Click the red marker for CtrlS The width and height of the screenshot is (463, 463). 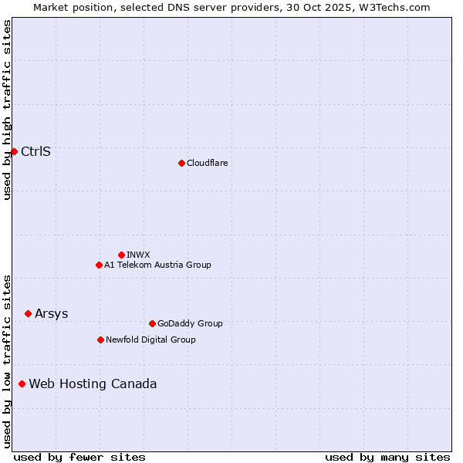click(14, 151)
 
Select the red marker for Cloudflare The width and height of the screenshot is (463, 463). click(181, 163)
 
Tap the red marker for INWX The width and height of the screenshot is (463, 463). click(121, 255)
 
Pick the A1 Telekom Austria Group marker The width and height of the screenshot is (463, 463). click(99, 265)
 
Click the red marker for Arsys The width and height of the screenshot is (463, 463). click(28, 313)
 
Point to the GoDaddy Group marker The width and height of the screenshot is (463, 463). click(152, 323)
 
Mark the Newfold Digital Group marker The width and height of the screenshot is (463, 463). click(100, 340)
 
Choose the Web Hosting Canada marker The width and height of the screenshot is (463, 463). click(22, 384)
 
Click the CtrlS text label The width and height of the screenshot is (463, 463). click(35, 151)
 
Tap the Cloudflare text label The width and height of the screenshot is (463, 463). click(207, 163)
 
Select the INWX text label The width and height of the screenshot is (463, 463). click(138, 255)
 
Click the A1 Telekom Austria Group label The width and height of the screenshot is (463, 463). click(157, 265)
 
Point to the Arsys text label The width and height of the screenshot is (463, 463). click(51, 313)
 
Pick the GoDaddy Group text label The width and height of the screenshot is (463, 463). click(189, 323)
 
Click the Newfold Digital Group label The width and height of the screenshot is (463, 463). click(150, 340)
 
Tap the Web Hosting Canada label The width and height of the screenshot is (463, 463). click(93, 384)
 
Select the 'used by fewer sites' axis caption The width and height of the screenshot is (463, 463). click(79, 457)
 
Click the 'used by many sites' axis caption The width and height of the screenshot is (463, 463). click(387, 457)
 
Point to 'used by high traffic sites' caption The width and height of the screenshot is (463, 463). click(7, 110)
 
